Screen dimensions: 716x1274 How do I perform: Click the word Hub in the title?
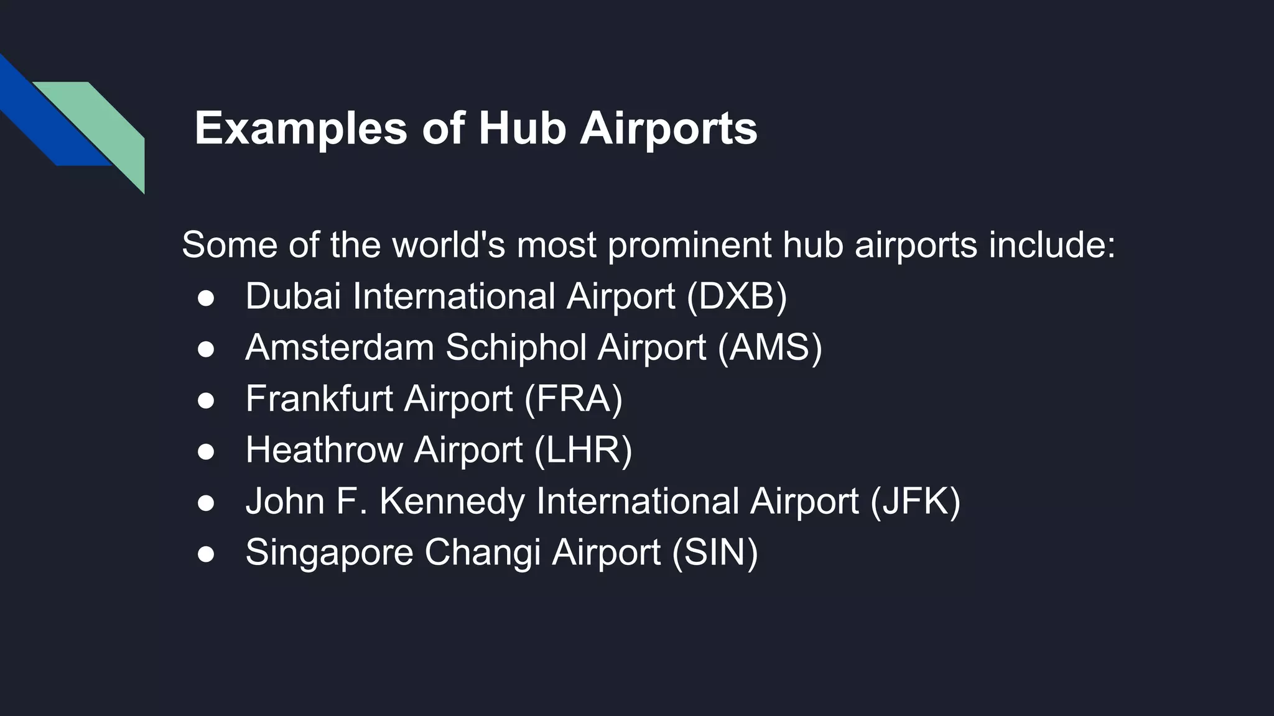(522, 128)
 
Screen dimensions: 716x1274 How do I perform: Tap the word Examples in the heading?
(300, 129)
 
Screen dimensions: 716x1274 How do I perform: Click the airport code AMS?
(770, 347)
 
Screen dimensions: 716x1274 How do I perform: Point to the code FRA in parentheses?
(573, 398)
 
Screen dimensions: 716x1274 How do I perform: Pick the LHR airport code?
(583, 449)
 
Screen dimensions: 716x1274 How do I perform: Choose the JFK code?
(915, 501)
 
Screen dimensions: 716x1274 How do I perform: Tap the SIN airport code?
(715, 552)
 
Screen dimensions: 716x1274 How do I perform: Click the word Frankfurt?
(318, 398)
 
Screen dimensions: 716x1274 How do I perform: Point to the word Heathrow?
(323, 449)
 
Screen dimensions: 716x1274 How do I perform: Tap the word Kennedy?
(452, 501)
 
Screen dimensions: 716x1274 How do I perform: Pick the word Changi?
(482, 553)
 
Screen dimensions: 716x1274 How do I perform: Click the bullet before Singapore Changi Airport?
(206, 553)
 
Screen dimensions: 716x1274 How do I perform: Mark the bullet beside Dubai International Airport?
(206, 297)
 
